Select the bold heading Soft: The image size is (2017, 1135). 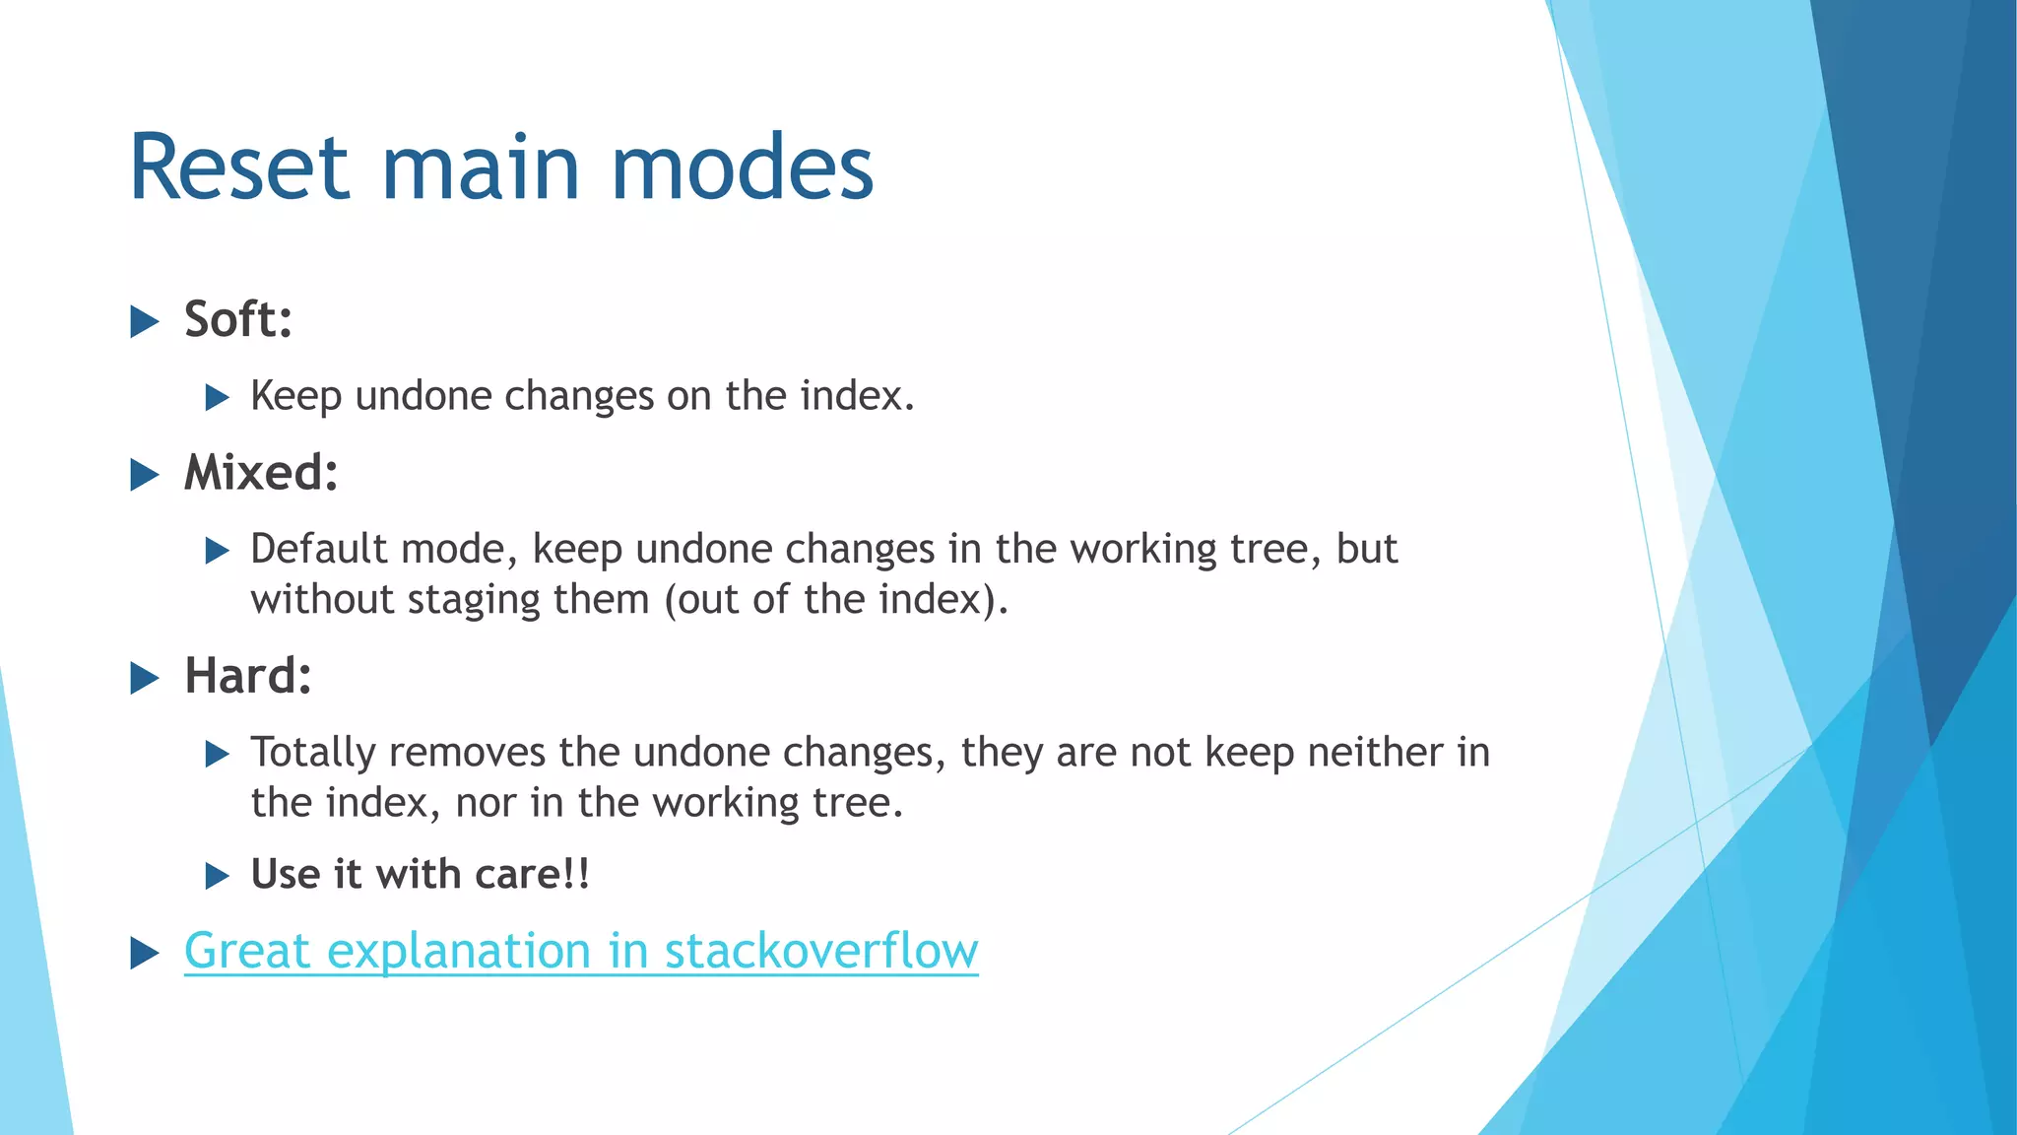(x=238, y=319)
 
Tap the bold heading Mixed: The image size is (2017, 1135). (x=261, y=473)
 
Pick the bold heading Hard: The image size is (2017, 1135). (x=248, y=676)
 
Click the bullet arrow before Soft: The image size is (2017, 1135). (x=145, y=321)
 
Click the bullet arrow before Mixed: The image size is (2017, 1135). (x=145, y=475)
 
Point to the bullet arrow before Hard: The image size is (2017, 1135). (x=145, y=678)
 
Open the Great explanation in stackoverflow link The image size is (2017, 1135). (x=581, y=951)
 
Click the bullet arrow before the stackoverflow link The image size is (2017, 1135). (x=145, y=953)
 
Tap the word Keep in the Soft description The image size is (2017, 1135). (x=295, y=396)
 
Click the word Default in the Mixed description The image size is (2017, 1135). (x=319, y=549)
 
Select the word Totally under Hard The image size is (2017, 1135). (x=313, y=753)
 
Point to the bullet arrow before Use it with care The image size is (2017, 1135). (x=217, y=876)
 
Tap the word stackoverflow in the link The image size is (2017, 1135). (x=821, y=951)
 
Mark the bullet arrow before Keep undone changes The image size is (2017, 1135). (x=217, y=398)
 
